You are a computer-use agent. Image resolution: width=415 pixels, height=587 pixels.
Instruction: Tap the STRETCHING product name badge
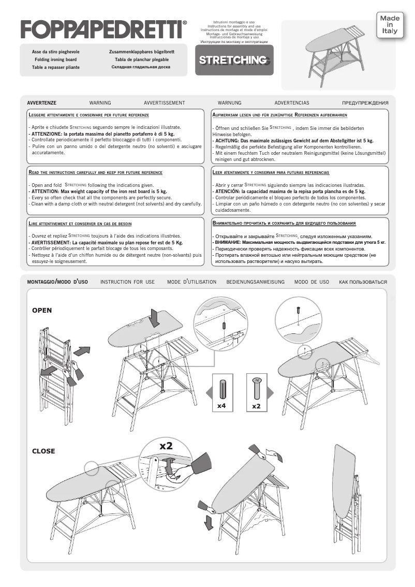click(x=234, y=60)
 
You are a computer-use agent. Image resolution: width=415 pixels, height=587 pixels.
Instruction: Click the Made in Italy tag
click(x=390, y=24)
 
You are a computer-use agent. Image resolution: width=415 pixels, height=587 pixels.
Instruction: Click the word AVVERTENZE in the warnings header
click(x=41, y=103)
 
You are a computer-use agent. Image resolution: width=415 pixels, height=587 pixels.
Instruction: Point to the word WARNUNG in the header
click(x=229, y=103)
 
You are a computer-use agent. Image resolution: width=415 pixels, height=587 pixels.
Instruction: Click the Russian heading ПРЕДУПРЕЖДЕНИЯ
click(x=365, y=103)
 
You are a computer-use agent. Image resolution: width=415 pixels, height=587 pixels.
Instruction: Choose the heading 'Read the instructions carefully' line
click(x=96, y=172)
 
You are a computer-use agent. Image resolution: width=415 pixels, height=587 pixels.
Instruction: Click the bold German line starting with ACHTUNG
click(x=293, y=140)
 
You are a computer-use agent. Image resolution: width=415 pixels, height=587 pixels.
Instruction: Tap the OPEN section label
click(x=42, y=311)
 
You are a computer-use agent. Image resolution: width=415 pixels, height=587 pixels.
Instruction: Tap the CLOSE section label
click(x=43, y=451)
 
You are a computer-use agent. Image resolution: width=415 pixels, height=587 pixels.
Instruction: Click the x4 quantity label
click(x=221, y=406)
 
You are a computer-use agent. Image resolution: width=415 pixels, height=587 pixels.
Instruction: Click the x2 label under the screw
click(x=256, y=406)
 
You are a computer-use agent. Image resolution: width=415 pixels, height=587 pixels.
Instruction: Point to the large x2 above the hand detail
click(x=166, y=446)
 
